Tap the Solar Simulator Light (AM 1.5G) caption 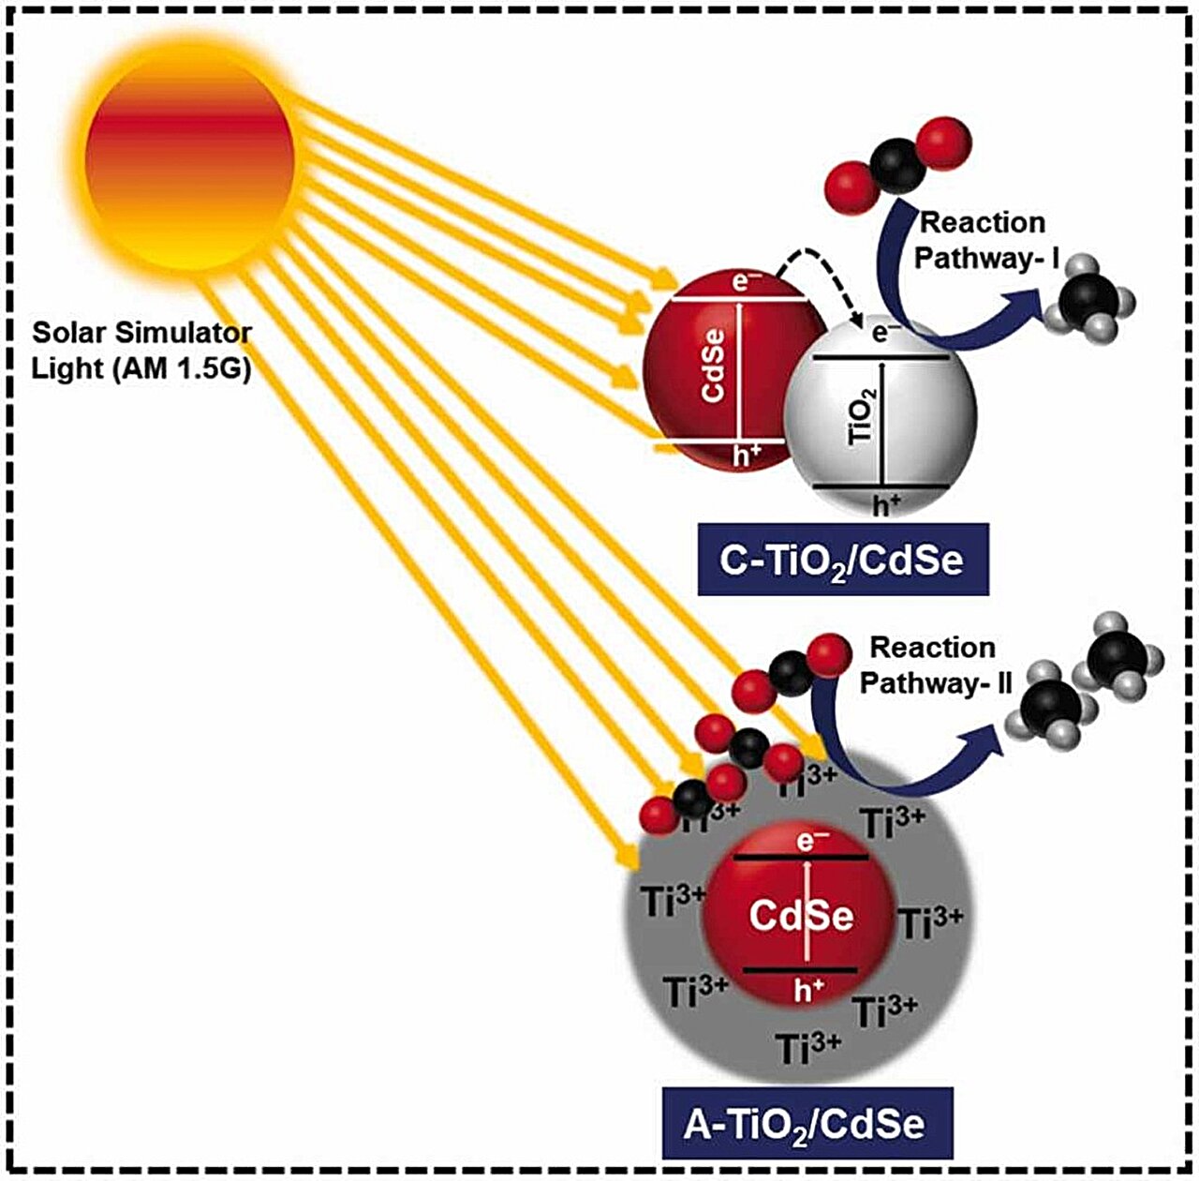pos(142,351)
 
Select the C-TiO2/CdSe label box pos(842,561)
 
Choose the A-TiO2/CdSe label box pos(807,1123)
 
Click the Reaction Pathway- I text pos(983,240)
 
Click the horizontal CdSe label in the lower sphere pos(801,916)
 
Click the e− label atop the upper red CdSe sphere pos(741,280)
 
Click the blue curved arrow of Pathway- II pos(899,769)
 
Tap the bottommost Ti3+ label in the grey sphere pos(809,1047)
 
